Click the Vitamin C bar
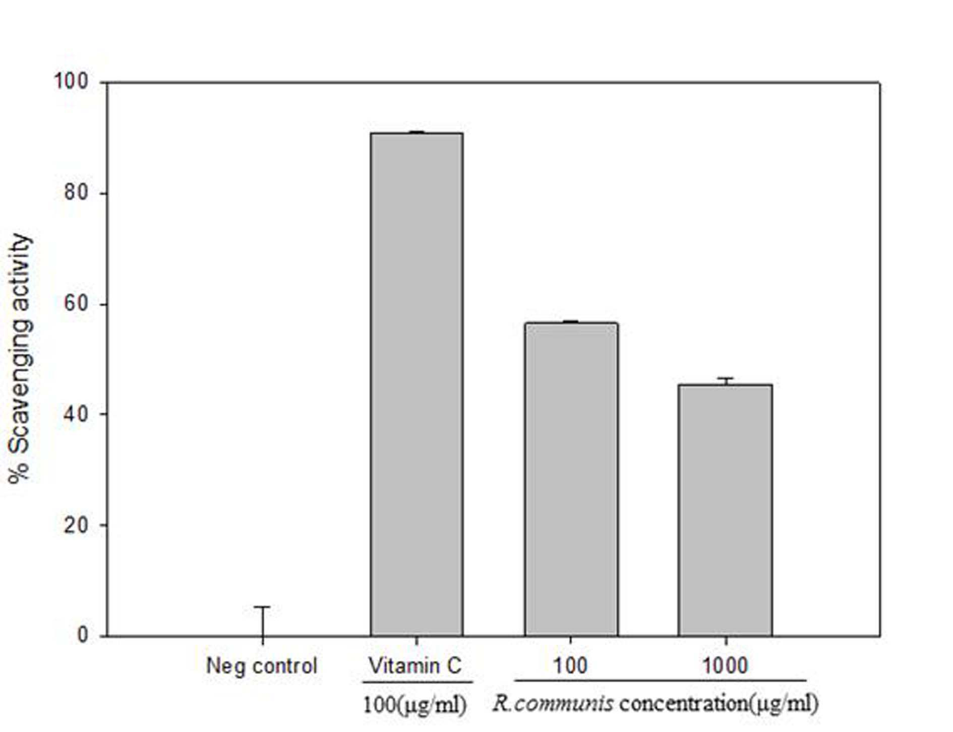point(416,384)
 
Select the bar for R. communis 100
point(571,479)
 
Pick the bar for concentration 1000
point(725,510)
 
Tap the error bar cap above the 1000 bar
point(725,378)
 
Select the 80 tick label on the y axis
point(76,193)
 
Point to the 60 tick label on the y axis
point(76,304)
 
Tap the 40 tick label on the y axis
point(76,414)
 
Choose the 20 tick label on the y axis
point(76,525)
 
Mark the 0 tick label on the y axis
point(82,635)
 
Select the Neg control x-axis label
point(262,666)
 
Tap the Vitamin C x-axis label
point(415,666)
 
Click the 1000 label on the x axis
point(725,666)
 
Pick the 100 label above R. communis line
point(570,666)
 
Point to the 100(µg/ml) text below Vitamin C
point(414,704)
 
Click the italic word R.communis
point(553,703)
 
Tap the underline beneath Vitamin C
point(417,683)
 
